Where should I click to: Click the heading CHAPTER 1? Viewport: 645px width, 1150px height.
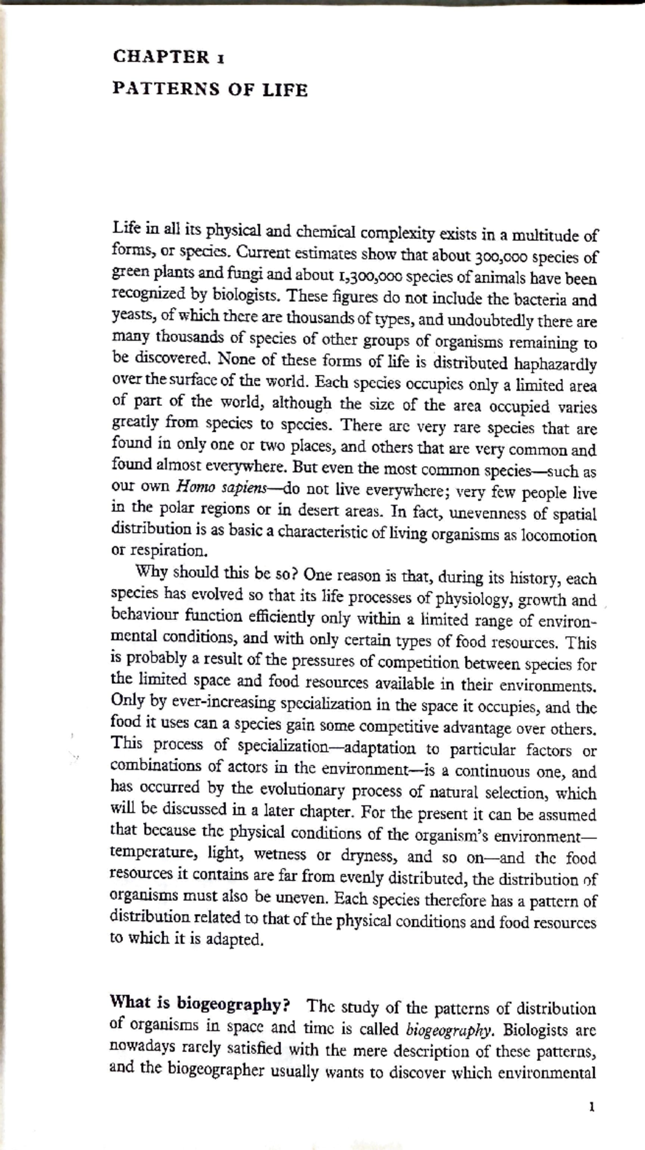(168, 57)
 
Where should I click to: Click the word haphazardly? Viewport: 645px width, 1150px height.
(555, 365)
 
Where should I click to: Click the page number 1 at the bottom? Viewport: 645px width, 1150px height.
(592, 1106)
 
